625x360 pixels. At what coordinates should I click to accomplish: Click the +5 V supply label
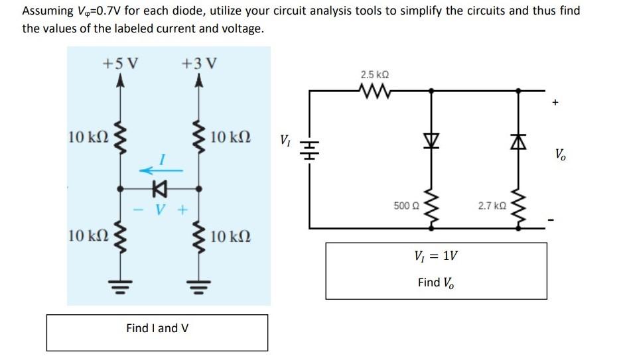click(x=120, y=64)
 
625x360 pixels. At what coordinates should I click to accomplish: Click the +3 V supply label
click(x=198, y=64)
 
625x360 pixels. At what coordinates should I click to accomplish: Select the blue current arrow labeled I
click(x=157, y=170)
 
